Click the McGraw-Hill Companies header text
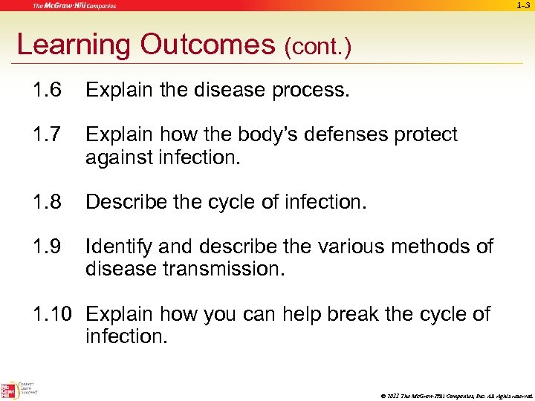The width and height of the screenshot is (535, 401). click(74, 6)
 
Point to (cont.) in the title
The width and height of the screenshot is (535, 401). click(317, 48)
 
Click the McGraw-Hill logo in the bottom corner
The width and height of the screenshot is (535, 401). click(10, 389)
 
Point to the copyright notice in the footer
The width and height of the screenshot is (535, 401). click(453, 394)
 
